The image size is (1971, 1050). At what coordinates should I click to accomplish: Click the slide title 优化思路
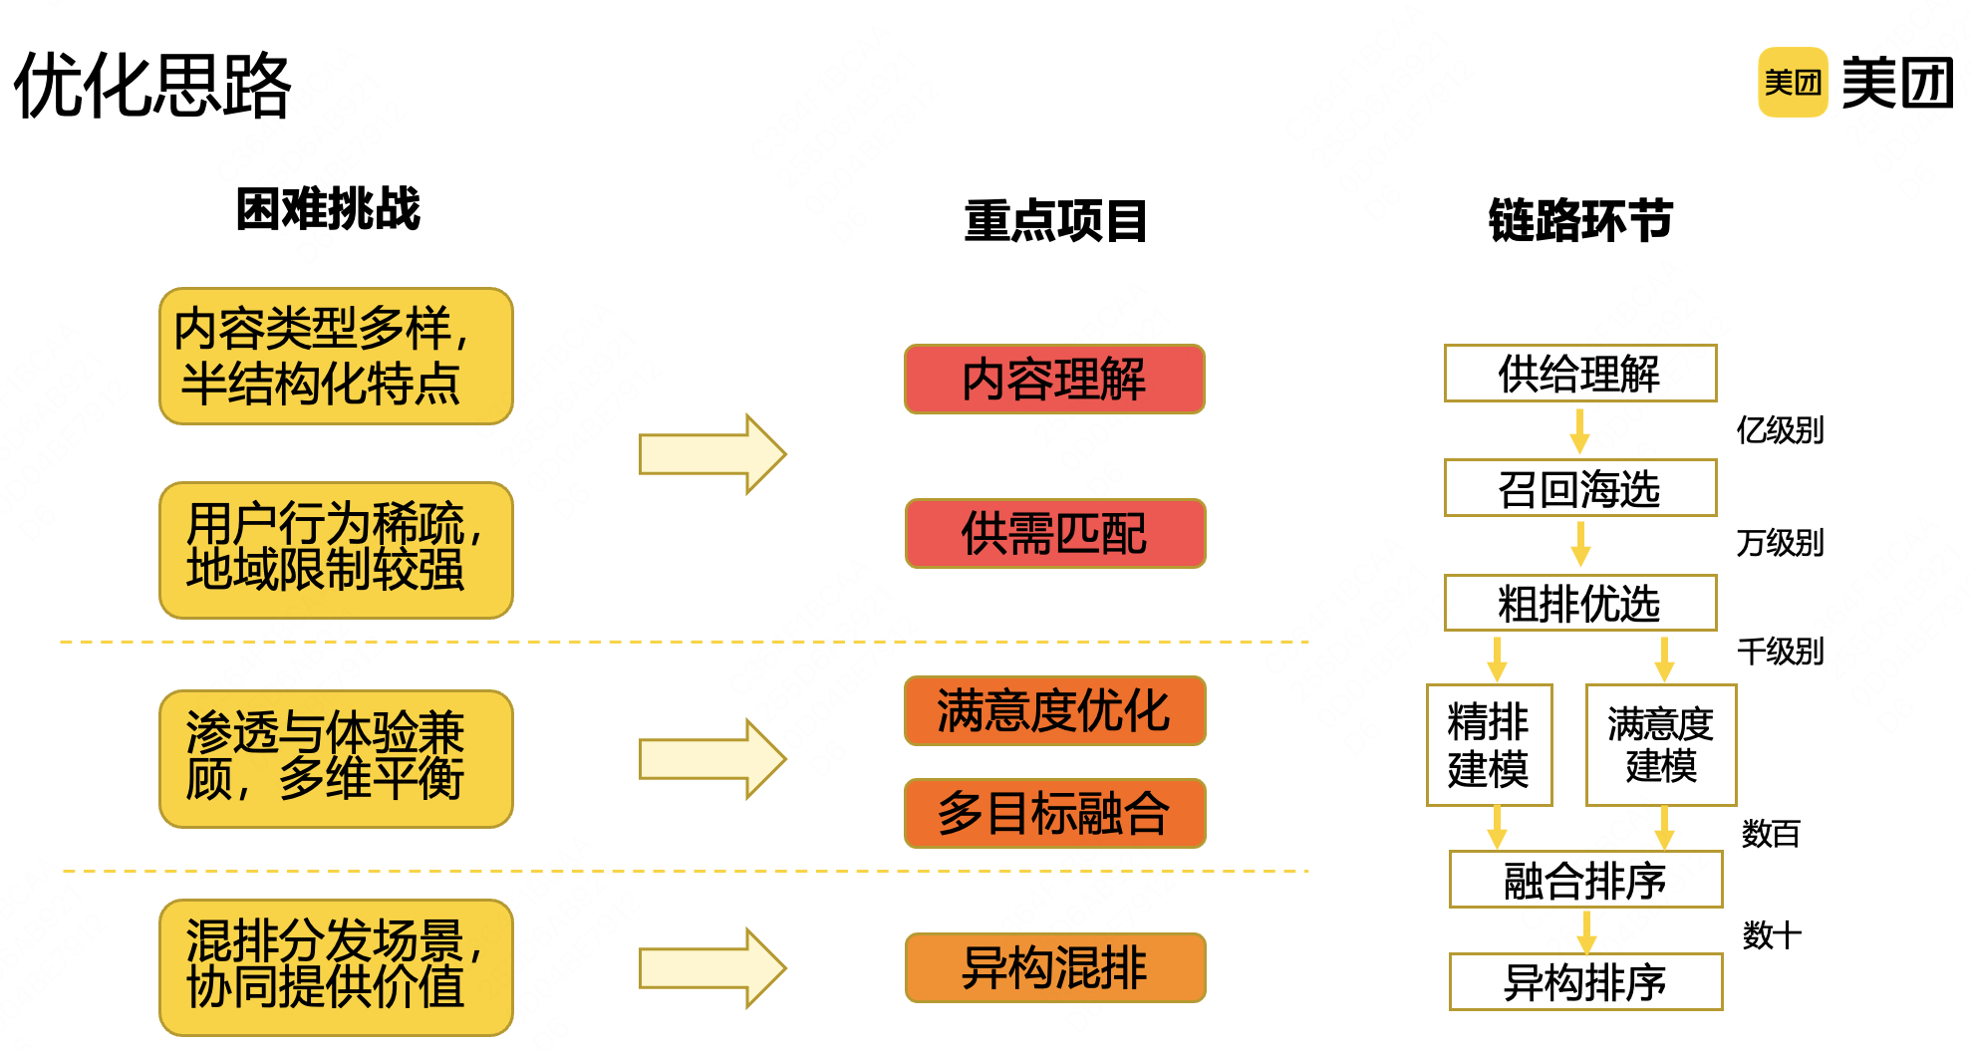(x=151, y=86)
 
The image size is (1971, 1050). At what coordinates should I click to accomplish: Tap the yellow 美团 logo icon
(x=1792, y=83)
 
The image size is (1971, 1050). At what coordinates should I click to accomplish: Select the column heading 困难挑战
(x=328, y=209)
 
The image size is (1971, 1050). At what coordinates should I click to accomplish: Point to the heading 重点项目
(x=1055, y=220)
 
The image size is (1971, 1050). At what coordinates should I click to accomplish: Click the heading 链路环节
(x=1579, y=220)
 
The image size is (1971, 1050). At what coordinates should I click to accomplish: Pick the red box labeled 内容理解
(x=1054, y=380)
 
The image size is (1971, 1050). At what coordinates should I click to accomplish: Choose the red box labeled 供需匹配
(x=1055, y=534)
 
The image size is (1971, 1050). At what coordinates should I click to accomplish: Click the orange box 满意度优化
(x=1054, y=711)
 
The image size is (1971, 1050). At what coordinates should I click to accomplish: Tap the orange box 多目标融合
(x=1054, y=813)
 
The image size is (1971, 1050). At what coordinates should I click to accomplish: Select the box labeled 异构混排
(x=1054, y=967)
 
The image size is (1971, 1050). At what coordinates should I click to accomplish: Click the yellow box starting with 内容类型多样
(x=336, y=357)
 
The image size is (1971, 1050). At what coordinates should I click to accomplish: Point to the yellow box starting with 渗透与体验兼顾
(x=336, y=758)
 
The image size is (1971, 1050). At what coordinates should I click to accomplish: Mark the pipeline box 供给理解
(x=1579, y=374)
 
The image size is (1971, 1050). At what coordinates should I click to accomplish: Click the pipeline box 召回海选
(x=1579, y=488)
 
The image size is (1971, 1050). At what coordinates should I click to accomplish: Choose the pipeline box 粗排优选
(x=1579, y=603)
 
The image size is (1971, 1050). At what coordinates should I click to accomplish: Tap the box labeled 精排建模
(x=1489, y=745)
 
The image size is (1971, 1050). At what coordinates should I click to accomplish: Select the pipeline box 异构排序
(x=1585, y=982)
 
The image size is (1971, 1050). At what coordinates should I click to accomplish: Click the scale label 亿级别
(x=1780, y=430)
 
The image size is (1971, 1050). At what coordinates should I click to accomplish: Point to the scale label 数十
(x=1771, y=935)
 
